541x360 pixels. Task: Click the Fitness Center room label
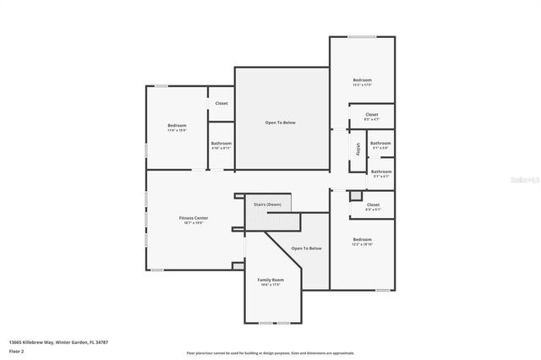point(194,218)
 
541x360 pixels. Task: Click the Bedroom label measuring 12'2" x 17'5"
point(362,80)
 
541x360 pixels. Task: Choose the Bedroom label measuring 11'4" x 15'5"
point(177,126)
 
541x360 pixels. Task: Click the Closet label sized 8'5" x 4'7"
point(372,115)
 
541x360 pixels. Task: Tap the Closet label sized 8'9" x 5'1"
point(372,205)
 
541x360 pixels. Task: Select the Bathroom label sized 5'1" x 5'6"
point(380,144)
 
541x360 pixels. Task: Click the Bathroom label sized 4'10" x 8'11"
point(221,144)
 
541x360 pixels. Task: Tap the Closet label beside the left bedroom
point(221,103)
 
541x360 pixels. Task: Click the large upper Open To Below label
point(281,123)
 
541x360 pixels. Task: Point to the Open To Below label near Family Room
point(307,248)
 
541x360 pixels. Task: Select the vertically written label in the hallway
point(358,150)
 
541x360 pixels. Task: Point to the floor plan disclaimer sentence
point(270,352)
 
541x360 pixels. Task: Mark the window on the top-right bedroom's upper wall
point(362,36)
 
